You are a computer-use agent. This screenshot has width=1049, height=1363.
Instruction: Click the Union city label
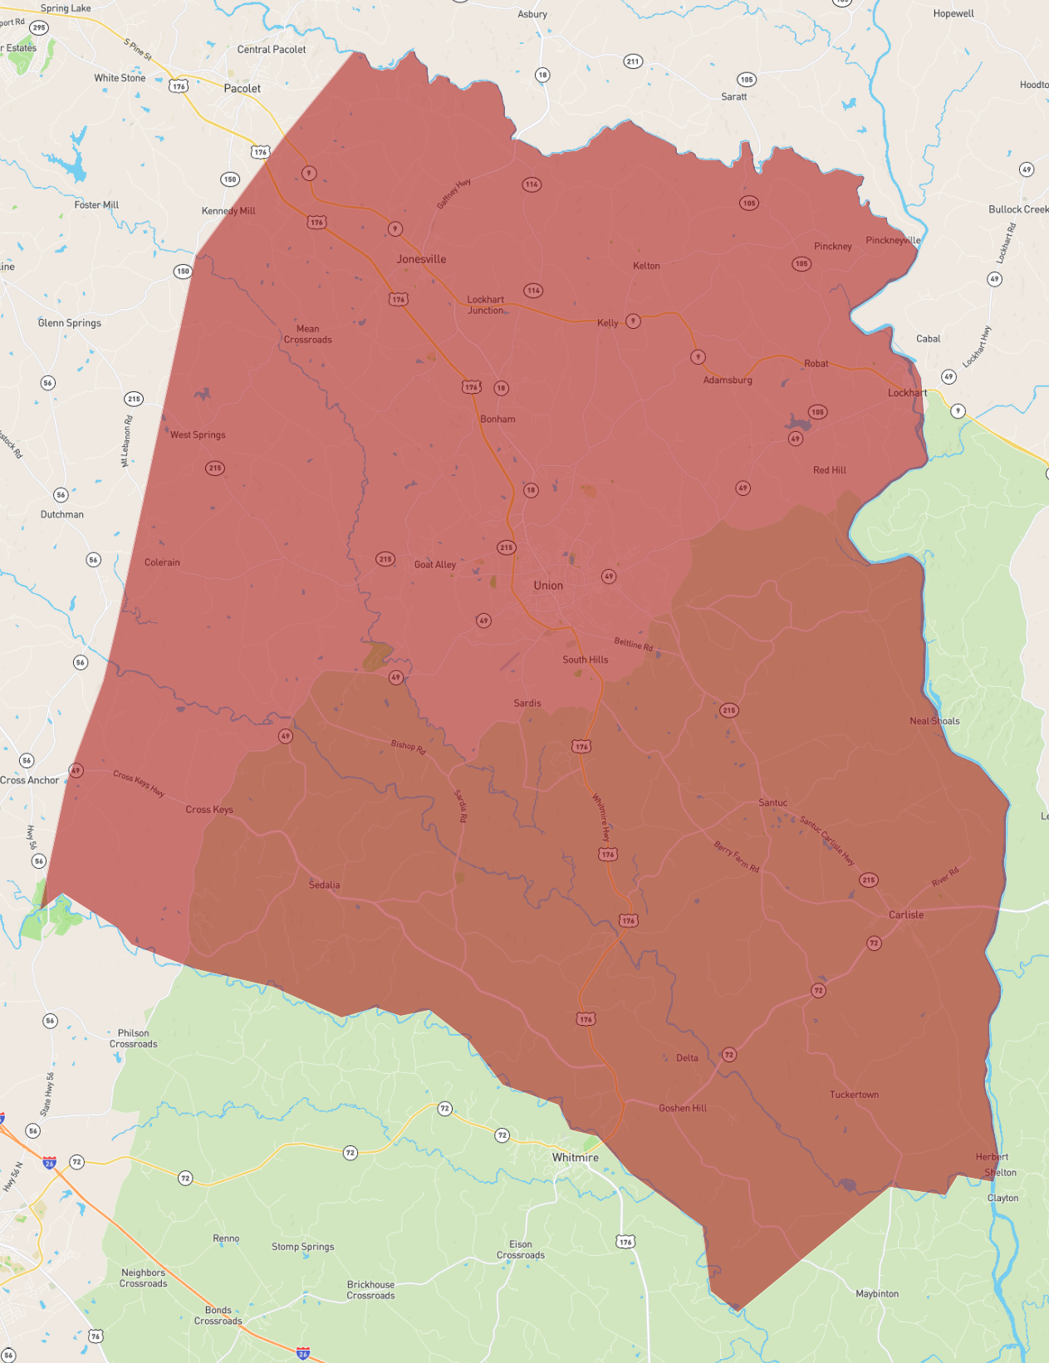click(x=548, y=586)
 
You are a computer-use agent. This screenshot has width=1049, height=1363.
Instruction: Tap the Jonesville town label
click(x=421, y=259)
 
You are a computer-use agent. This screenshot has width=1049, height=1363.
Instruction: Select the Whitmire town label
click(x=575, y=1157)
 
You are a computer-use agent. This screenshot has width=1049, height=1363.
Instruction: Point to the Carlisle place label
click(x=905, y=914)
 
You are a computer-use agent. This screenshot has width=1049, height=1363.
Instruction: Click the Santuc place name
click(x=772, y=802)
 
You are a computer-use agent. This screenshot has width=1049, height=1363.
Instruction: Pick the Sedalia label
click(x=324, y=885)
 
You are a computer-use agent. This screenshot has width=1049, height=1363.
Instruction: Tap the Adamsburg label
click(x=728, y=380)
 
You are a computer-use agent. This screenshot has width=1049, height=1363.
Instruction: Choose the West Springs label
click(x=198, y=434)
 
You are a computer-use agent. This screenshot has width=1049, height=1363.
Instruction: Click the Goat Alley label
click(x=434, y=565)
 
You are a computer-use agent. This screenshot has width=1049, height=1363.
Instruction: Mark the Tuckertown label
click(x=854, y=1095)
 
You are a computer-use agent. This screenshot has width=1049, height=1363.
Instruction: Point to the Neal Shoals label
click(x=934, y=721)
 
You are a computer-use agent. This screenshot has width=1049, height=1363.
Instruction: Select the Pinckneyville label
click(x=893, y=240)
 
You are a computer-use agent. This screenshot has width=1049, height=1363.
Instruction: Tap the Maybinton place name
click(x=877, y=1293)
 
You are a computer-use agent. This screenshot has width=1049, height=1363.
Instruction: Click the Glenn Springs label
click(x=70, y=323)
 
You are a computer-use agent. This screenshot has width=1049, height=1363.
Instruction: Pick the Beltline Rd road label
click(x=634, y=644)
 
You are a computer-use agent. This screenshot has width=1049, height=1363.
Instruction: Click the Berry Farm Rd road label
click(x=737, y=856)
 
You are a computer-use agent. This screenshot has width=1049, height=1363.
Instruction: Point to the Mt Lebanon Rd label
click(x=127, y=441)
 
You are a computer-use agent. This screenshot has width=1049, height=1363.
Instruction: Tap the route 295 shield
click(x=39, y=27)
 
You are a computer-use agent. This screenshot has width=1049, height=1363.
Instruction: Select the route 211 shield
click(x=633, y=61)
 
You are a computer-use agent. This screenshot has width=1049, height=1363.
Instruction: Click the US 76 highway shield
click(x=96, y=1336)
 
